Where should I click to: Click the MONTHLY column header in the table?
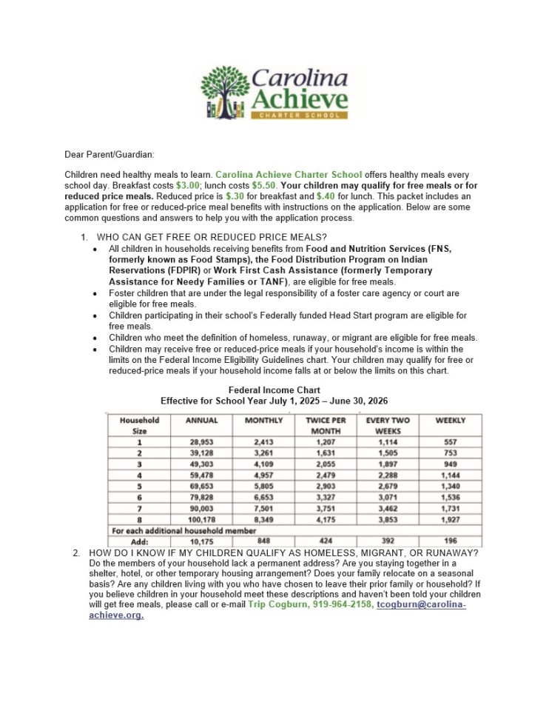coord(263,420)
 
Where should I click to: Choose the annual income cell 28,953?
coord(201,442)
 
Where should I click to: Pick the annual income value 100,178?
coord(201,521)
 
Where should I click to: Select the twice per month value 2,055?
coord(326,464)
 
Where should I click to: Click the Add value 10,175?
coord(201,541)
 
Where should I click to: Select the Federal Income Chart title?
coord(274,390)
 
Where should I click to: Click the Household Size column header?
coord(139,425)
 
